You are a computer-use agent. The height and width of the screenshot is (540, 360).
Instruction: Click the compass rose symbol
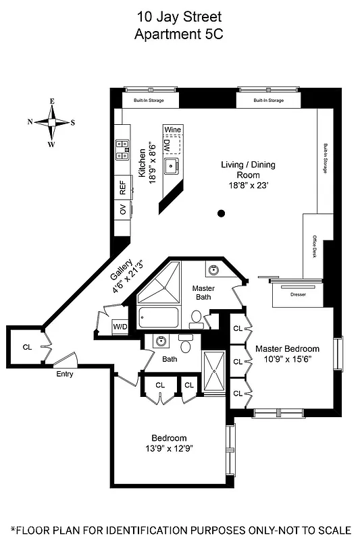point(51,123)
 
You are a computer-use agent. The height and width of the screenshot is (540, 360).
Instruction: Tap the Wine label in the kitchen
point(172,129)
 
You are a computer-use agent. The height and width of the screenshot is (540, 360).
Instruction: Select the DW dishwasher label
point(166,146)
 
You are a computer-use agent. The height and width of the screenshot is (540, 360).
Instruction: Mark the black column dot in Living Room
point(221,214)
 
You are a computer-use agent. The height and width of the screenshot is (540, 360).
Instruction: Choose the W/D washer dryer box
point(120,327)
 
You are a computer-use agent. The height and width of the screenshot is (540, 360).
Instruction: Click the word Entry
point(65,374)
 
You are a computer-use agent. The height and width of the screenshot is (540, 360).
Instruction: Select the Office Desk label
point(314,248)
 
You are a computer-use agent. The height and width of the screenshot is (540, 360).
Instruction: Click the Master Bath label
point(203,293)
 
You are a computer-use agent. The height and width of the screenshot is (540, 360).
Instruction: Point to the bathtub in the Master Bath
point(157,317)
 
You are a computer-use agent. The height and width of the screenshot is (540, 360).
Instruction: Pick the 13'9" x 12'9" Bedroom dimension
point(169,448)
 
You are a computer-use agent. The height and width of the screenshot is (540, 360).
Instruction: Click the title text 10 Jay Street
point(180,16)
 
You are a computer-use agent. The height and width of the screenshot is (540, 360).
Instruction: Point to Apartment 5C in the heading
point(180,33)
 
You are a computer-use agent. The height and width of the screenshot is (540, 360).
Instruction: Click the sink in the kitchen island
point(172,165)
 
